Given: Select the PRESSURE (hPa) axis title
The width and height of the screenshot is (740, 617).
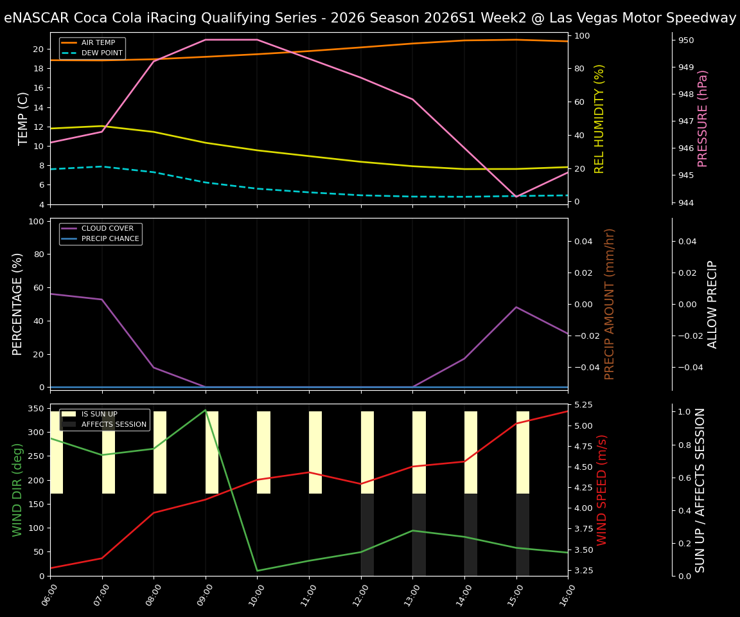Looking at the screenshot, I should click(x=703, y=118).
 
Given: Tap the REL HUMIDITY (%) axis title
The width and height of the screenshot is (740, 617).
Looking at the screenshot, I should click(x=600, y=118).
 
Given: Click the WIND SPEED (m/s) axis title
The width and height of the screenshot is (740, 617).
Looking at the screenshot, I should click(x=602, y=490).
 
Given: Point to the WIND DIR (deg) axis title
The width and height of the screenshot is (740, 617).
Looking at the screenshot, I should click(x=17, y=490).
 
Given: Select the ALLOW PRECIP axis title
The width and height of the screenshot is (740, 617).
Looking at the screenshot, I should click(x=712, y=304).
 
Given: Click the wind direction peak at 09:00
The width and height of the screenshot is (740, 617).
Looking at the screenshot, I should click(x=206, y=410).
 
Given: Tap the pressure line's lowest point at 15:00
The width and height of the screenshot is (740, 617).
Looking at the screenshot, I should click(x=516, y=197).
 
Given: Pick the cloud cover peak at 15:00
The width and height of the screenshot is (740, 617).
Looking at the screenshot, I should click(x=516, y=307).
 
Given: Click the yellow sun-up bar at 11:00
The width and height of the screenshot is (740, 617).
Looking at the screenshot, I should click(x=315, y=452).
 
